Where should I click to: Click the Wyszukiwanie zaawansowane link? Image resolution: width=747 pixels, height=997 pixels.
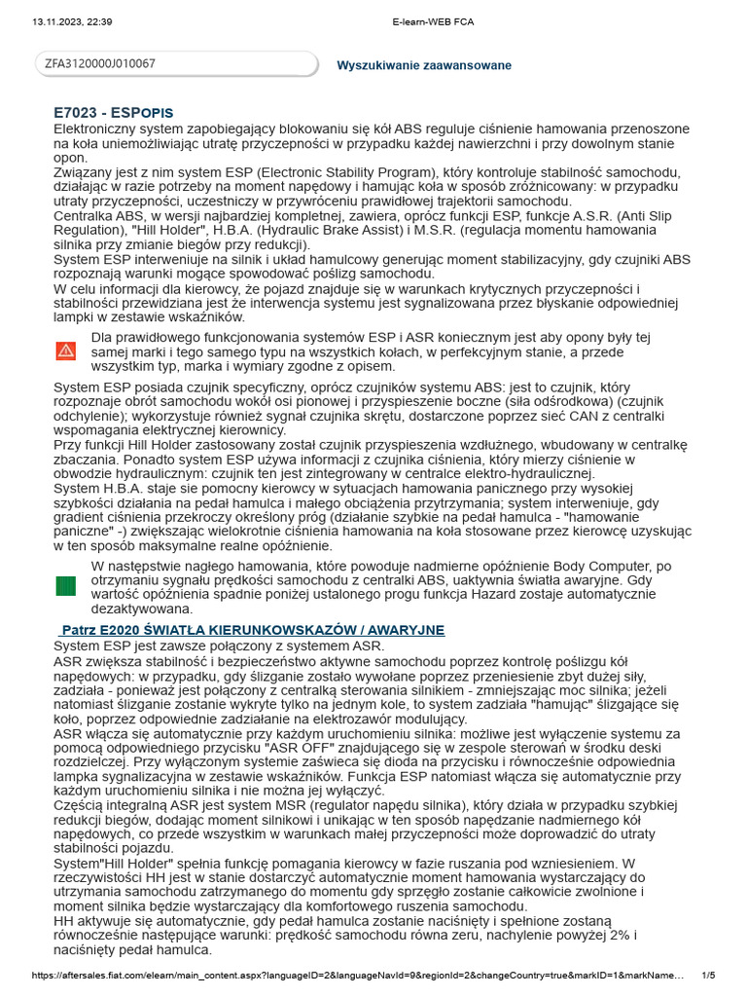click(x=423, y=65)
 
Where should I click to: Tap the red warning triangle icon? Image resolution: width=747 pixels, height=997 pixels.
click(x=65, y=351)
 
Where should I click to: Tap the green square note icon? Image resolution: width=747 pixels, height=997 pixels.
click(x=65, y=586)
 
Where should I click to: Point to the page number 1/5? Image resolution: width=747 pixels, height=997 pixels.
click(x=708, y=976)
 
